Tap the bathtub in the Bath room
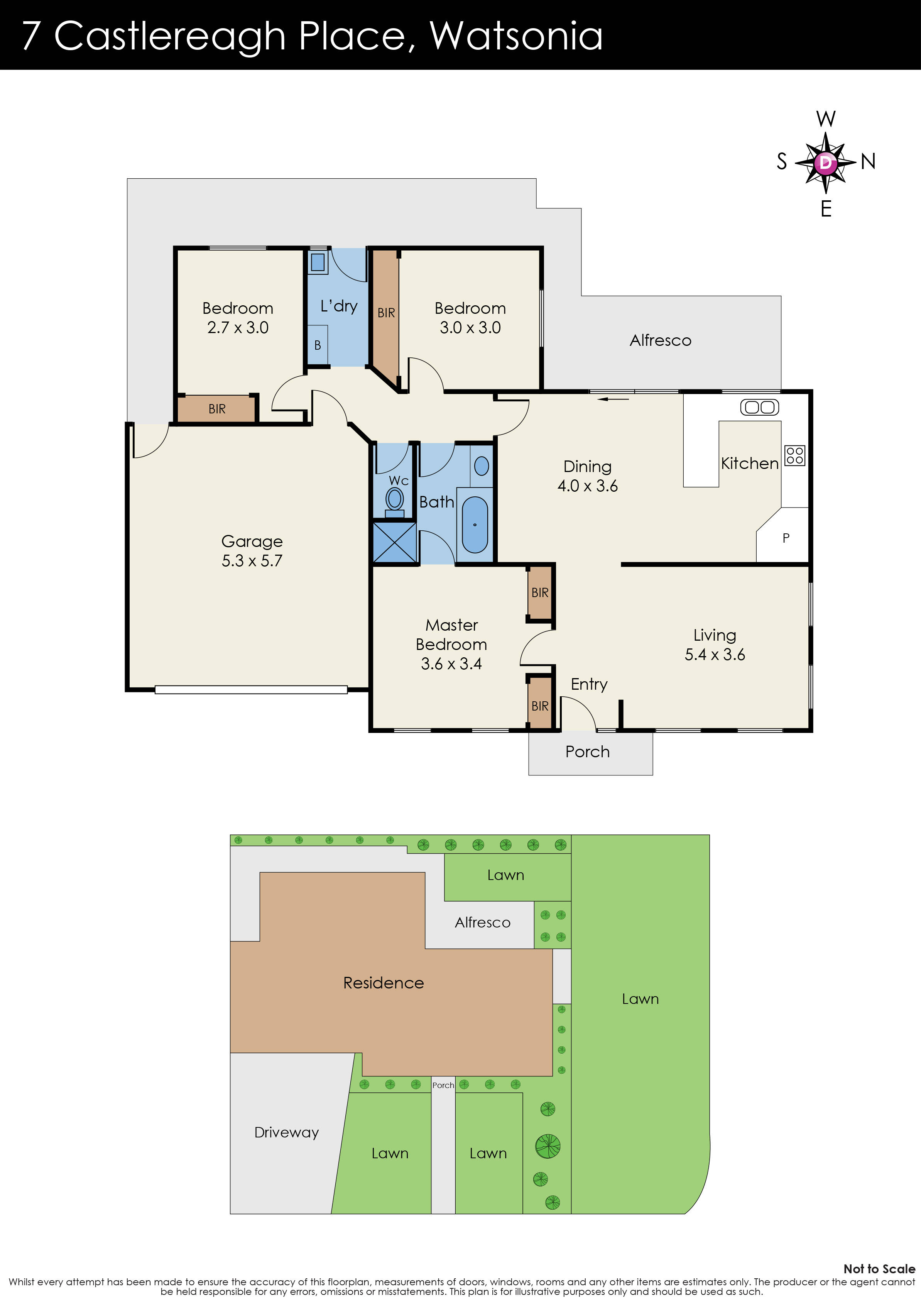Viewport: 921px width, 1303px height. pos(475,525)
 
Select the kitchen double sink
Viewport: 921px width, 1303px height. pos(759,407)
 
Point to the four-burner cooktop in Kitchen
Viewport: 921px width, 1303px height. pos(794,455)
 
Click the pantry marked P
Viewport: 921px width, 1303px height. pos(785,537)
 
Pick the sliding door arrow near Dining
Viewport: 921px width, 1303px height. pos(613,399)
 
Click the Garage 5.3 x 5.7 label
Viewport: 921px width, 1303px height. pos(252,550)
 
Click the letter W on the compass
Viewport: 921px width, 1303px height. pos(826,119)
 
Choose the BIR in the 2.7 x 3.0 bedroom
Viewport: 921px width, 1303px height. pos(217,409)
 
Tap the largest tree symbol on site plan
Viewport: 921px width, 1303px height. pos(548,1146)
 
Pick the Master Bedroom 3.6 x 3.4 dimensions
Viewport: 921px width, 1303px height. pos(451,663)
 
